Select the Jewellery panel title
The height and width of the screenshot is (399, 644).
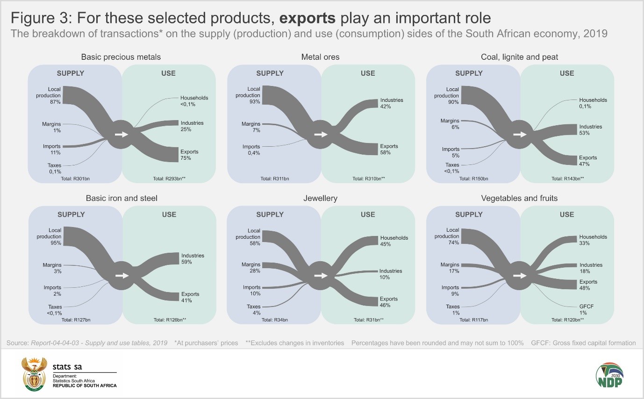pyautogui.click(x=320, y=198)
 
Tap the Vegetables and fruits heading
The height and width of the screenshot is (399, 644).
pyautogui.click(x=519, y=198)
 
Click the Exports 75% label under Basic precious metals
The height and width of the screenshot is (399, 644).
pyautogui.click(x=189, y=155)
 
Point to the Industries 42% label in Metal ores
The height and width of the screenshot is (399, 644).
pyautogui.click(x=391, y=103)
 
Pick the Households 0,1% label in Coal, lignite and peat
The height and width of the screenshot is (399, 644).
pyautogui.click(x=593, y=103)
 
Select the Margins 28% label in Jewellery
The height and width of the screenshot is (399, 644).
pyautogui.click(x=251, y=268)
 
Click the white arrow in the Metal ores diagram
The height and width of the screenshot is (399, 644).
pyautogui.click(x=320, y=135)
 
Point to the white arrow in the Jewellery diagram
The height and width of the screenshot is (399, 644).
pyautogui.click(x=320, y=276)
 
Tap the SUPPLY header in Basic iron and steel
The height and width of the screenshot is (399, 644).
pyautogui.click(x=71, y=214)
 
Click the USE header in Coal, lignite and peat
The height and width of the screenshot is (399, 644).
pyautogui.click(x=566, y=73)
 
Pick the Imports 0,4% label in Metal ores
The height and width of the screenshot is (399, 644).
pyautogui.click(x=251, y=150)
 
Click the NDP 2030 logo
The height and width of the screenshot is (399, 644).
pyautogui.click(x=609, y=375)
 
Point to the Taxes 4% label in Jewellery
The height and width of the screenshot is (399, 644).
pyautogui.click(x=254, y=310)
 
